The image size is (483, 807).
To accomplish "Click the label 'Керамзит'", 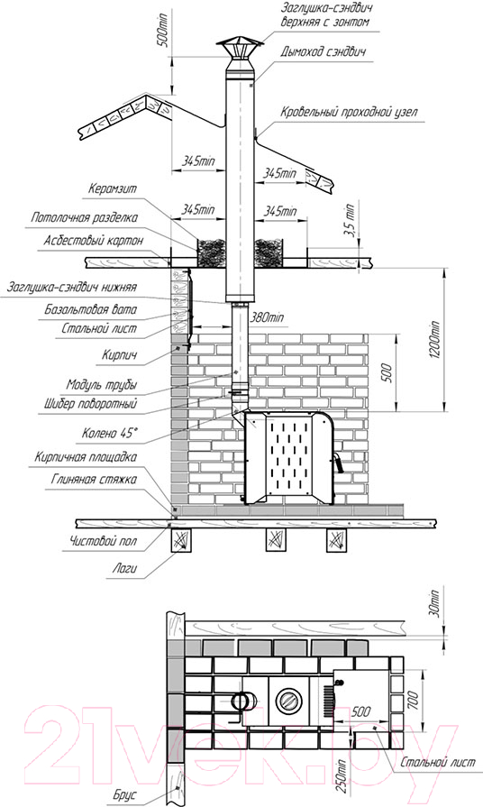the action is click(x=112, y=188).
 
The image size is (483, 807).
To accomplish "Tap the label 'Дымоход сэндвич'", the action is click(x=323, y=52).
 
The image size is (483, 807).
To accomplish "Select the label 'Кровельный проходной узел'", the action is click(x=350, y=112).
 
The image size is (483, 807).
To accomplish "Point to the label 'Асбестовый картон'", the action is click(x=93, y=241).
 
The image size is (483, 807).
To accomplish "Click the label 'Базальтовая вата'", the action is click(x=90, y=310).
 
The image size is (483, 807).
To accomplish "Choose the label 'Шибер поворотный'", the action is click(x=90, y=404).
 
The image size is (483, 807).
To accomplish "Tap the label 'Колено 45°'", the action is click(x=110, y=434).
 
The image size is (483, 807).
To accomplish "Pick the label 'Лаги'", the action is click(x=125, y=569).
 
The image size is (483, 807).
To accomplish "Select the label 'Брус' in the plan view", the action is click(x=124, y=794).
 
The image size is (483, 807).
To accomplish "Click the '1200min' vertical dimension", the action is click(x=434, y=340).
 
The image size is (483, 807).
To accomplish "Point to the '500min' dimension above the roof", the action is click(x=162, y=29).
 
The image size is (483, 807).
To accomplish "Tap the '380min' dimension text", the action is click(x=266, y=317).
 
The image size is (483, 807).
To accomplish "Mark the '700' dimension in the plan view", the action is click(x=412, y=699).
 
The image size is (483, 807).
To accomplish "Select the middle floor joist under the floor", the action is click(x=276, y=540).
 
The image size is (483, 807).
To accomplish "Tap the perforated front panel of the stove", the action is click(x=291, y=455).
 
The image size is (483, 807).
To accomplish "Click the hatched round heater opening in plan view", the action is click(x=287, y=701).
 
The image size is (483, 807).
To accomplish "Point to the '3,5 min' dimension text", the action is click(x=350, y=220).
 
